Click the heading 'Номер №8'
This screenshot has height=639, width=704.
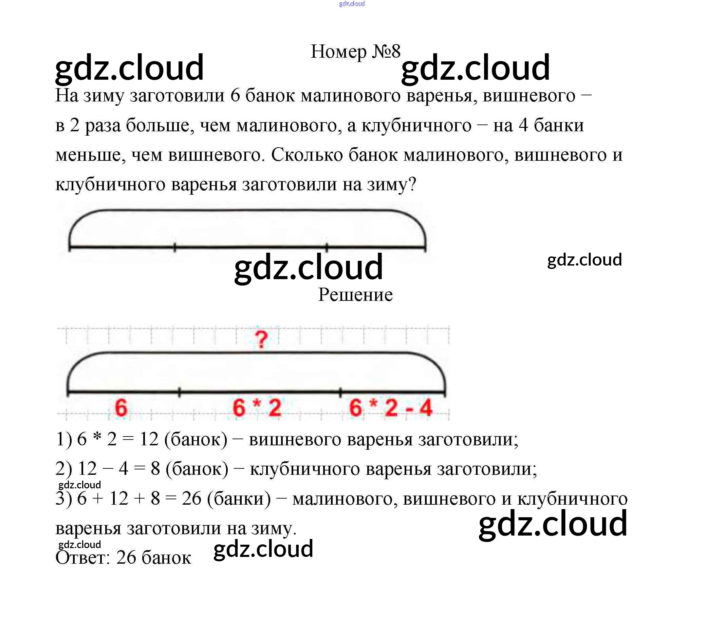355,52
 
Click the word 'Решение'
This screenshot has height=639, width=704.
355,295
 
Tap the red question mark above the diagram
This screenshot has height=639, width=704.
261,340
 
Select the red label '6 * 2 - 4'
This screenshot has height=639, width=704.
391,408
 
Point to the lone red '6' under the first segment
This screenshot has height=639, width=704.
121,408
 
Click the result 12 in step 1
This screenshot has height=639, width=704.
149,439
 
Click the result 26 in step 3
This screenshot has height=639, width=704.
191,498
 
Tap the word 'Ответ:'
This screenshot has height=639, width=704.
83,558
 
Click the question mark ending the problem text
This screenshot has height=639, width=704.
412,184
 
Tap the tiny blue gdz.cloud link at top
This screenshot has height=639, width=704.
352,4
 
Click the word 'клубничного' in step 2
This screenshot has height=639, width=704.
304,469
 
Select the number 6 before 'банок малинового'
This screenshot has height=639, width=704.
235,95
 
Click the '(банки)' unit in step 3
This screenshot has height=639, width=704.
239,498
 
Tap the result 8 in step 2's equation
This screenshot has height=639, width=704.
155,469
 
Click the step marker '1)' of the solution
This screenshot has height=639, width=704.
64,439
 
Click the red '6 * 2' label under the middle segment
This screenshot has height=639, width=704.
257,408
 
